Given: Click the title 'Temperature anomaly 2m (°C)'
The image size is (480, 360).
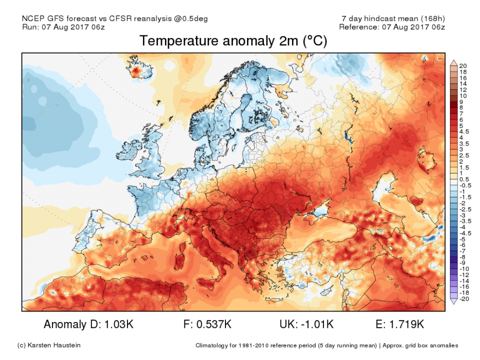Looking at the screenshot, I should (x=233, y=41).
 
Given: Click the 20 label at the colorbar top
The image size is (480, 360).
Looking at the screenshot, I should (x=462, y=66).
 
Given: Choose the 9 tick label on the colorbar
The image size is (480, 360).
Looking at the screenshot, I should (x=460, y=101).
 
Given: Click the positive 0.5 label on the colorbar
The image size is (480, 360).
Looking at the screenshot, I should (x=462, y=179).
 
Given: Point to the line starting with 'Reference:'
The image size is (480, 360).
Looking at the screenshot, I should (x=391, y=27).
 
